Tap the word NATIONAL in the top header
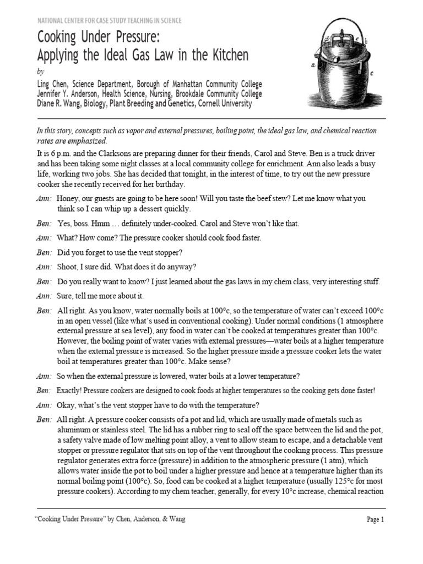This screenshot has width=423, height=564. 51,20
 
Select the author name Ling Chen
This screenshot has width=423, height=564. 55,84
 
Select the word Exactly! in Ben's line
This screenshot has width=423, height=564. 73,391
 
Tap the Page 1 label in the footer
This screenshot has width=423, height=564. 375,519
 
